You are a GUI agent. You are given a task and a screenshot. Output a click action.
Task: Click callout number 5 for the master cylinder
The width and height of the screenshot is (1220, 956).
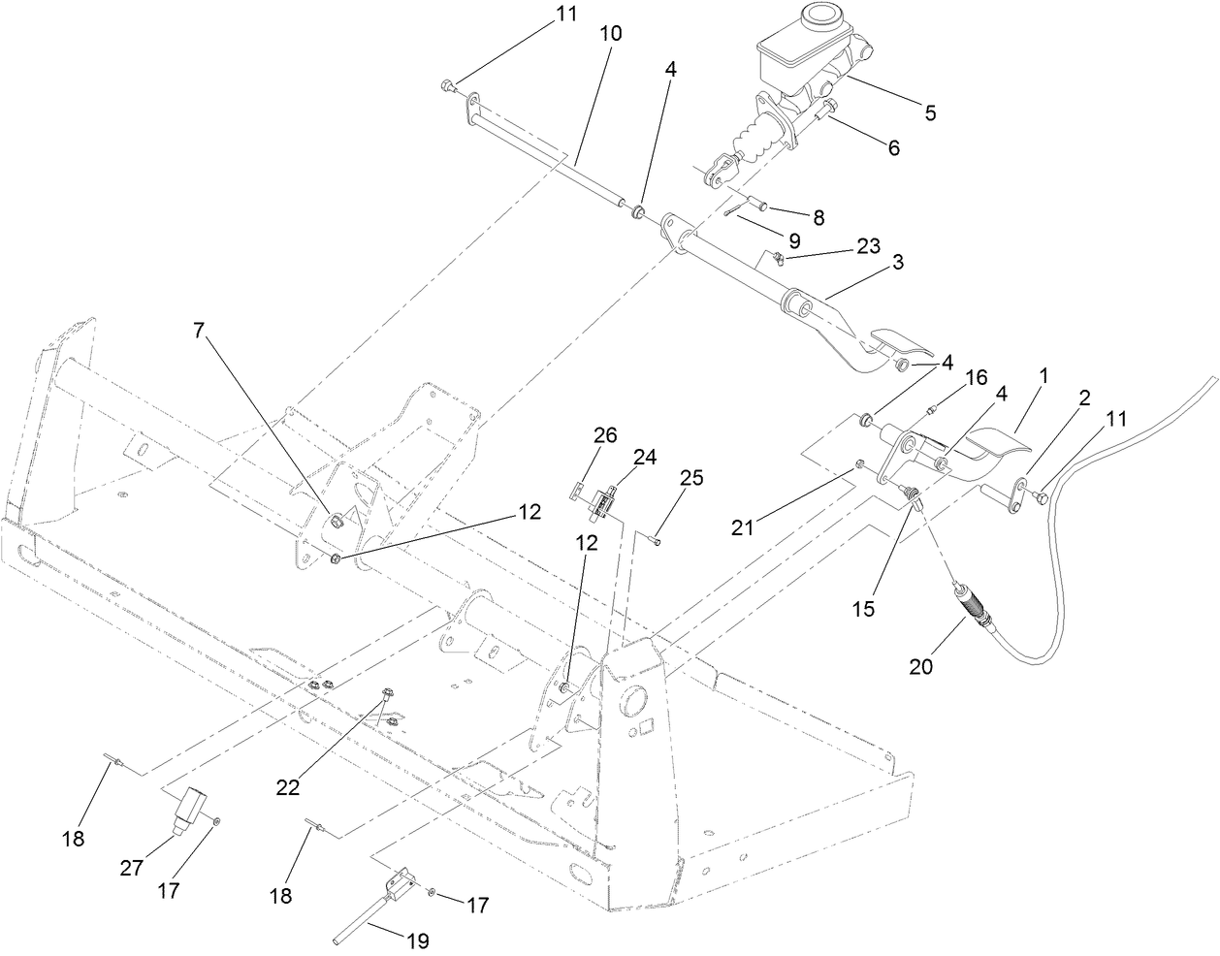tap(929, 112)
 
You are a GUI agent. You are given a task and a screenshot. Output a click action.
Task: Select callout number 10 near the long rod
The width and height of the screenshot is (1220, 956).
tap(610, 33)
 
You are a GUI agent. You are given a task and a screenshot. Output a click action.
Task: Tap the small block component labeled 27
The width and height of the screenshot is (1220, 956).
tap(189, 807)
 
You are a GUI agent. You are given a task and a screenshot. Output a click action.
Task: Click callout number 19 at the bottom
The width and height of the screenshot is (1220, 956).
tap(418, 940)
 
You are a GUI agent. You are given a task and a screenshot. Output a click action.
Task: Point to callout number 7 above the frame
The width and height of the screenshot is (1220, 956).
tap(199, 330)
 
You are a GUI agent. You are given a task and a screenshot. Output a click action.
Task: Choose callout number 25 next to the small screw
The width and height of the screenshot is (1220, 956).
tap(691, 478)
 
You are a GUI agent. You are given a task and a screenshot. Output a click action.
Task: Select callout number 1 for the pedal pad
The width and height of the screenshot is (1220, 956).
tap(1044, 372)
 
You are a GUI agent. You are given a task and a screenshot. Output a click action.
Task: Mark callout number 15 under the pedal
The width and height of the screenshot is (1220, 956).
tap(863, 609)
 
